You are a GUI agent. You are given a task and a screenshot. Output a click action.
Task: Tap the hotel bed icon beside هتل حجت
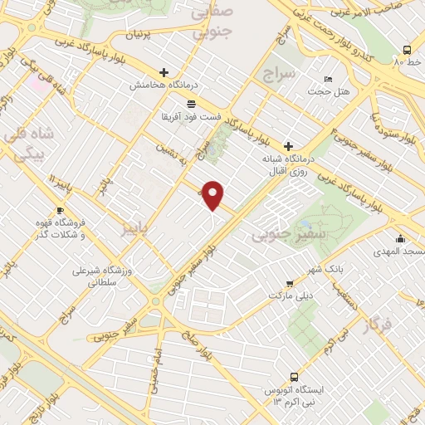click(x=329, y=78)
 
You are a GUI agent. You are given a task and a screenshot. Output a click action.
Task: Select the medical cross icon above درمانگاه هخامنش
click(x=164, y=73)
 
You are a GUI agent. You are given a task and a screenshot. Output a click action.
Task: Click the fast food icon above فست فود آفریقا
click(x=192, y=104)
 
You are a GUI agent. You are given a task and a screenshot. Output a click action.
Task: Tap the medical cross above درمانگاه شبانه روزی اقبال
click(x=287, y=144)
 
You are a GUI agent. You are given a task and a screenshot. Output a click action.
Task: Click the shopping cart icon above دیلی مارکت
click(x=288, y=283)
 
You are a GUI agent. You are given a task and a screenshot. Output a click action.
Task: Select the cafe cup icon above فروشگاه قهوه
click(x=60, y=210)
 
